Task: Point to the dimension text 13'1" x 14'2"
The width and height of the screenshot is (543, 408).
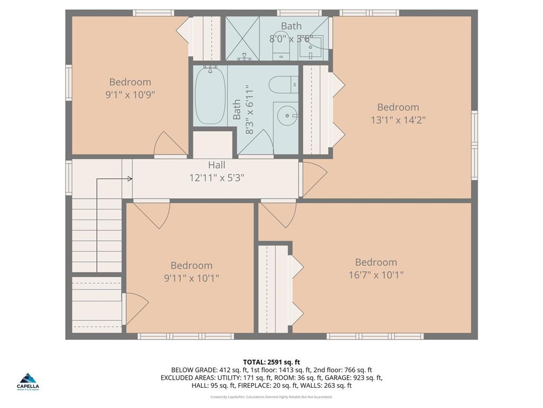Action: pos(398,120)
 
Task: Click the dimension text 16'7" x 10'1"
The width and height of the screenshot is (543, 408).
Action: pos(376,275)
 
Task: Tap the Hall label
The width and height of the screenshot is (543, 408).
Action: pos(216,165)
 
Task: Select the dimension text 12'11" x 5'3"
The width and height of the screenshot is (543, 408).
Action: pos(216,177)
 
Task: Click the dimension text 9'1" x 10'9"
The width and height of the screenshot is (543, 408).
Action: pos(130,95)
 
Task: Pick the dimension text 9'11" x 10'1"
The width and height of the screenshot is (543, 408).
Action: pos(191,278)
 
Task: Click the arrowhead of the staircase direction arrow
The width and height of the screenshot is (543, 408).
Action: pos(130,179)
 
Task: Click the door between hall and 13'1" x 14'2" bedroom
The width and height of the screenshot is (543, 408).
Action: pos(313,179)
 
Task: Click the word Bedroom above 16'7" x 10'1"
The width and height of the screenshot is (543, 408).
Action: pos(376,262)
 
